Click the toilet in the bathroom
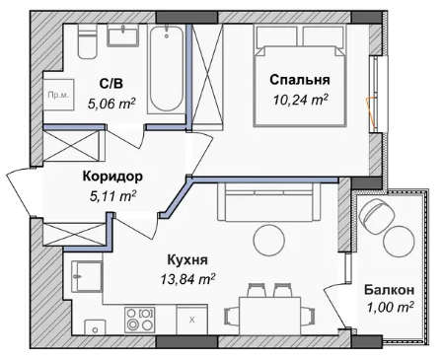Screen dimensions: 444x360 coord(87,41)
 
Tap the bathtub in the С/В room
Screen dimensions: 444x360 coord(167,69)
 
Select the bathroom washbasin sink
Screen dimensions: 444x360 coord(122,36)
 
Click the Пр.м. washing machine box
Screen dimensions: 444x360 coord(58,95)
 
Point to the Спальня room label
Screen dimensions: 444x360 coord(300,80)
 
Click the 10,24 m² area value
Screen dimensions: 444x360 coord(300,100)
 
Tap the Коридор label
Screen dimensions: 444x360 coord(112,177)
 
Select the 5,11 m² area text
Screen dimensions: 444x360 coord(112,196)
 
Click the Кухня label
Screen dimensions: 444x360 coord(187,259)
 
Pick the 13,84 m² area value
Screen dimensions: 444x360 coord(187,279)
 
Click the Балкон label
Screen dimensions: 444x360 coord(389,290)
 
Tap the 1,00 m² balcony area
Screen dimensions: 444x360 coord(390,308)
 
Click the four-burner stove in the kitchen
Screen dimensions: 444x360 coord(139,320)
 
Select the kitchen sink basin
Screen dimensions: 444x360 coord(87,276)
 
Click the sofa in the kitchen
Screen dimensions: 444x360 coord(268,201)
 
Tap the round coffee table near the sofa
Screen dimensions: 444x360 coord(268,241)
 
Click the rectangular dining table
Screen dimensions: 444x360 coord(270,316)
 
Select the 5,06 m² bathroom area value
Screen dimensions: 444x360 coord(111,104)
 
